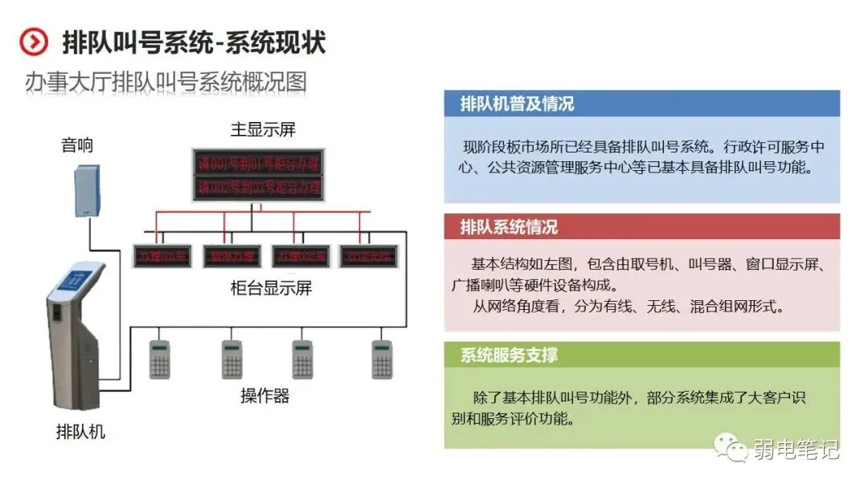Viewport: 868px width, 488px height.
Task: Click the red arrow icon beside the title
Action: tap(34, 42)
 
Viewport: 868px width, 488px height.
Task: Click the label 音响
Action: tap(77, 145)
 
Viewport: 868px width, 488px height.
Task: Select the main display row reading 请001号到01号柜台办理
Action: tap(257, 164)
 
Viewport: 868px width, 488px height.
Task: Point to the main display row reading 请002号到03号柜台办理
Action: tap(257, 188)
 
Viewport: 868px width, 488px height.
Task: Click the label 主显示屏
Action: tap(263, 129)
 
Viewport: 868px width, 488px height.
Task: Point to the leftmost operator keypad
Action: tap(161, 360)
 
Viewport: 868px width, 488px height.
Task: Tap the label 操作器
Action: tap(264, 396)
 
